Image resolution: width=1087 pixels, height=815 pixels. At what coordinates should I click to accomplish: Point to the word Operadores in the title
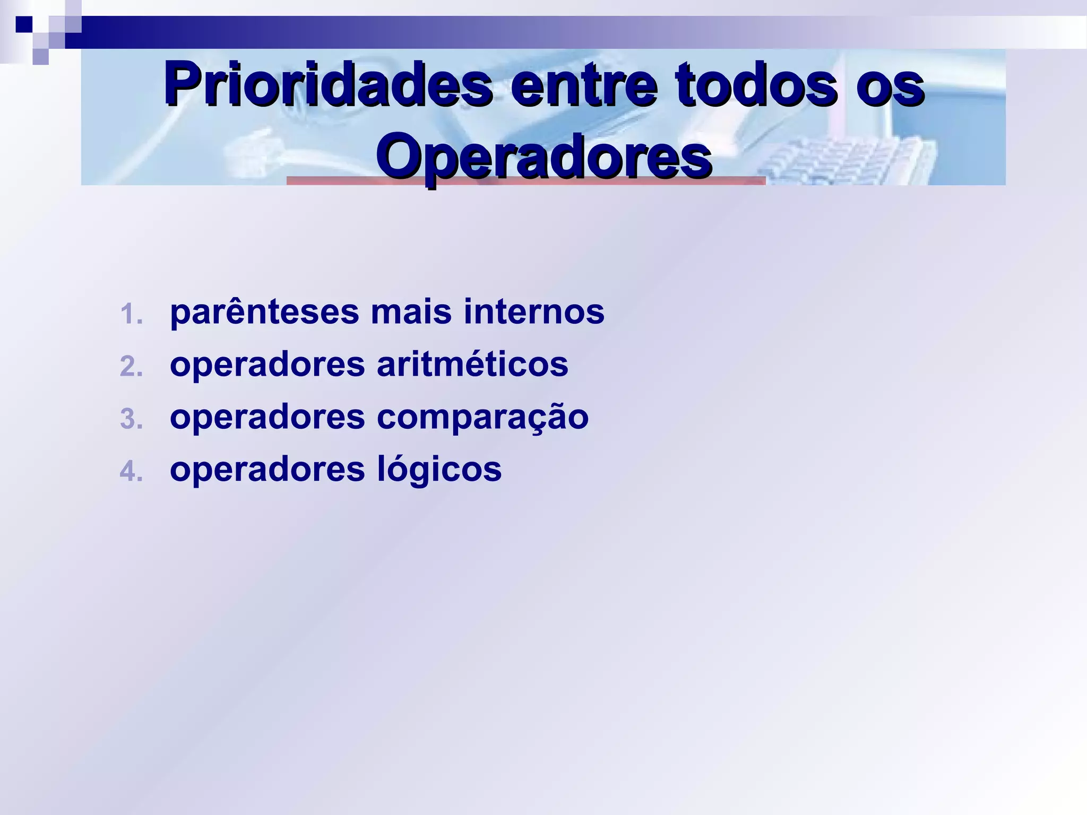click(545, 156)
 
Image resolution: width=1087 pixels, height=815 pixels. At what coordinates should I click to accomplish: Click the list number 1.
click(131, 314)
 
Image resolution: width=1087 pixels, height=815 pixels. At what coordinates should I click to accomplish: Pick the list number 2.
click(131, 366)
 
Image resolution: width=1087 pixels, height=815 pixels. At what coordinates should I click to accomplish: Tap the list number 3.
click(131, 419)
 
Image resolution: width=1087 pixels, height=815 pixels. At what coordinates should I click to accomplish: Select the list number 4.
click(131, 471)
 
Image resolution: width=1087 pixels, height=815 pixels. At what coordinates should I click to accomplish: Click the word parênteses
click(264, 312)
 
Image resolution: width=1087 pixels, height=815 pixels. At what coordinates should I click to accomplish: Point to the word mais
click(411, 312)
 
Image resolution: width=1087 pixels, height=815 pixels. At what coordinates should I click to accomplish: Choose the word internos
click(534, 312)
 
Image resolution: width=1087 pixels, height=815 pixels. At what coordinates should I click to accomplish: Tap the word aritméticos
click(472, 365)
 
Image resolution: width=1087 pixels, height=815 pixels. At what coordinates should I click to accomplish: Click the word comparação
click(482, 418)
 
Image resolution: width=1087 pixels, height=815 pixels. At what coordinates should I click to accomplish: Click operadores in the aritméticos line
click(268, 365)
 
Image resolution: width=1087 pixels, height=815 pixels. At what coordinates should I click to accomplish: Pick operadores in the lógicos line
click(268, 470)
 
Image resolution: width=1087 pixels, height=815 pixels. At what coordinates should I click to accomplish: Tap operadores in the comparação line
click(268, 417)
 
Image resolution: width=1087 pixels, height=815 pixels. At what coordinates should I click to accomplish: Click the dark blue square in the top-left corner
click(24, 24)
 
